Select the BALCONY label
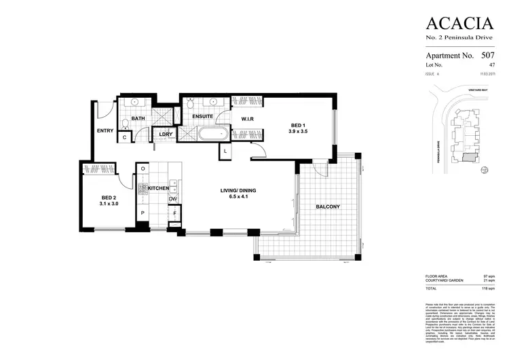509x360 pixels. [x=328, y=206]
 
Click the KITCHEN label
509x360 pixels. [x=158, y=187]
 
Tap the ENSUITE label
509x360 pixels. [x=203, y=117]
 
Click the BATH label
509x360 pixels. [x=138, y=119]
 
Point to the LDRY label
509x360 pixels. [x=164, y=134]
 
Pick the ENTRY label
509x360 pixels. [x=105, y=130]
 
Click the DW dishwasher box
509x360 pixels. [x=173, y=198]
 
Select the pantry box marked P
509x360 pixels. [x=143, y=213]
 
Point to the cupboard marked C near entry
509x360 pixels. [x=124, y=137]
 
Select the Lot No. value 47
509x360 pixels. [x=492, y=64]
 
